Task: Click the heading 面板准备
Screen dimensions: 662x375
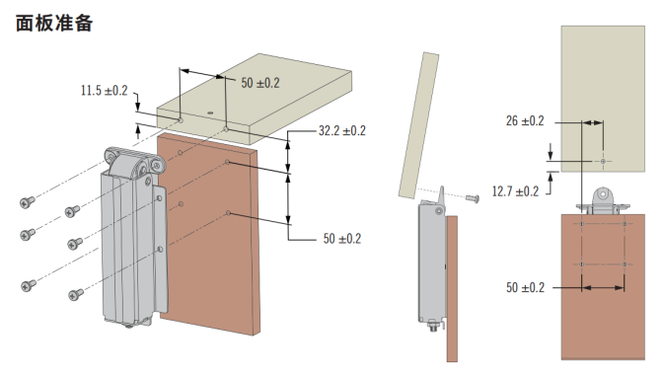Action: (x=54, y=23)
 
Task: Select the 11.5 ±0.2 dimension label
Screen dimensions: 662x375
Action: (x=104, y=91)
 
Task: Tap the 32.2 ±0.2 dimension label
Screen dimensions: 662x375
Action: (x=342, y=130)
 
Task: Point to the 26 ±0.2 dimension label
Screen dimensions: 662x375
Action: (x=525, y=121)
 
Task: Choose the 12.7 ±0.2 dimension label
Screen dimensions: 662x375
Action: (x=515, y=191)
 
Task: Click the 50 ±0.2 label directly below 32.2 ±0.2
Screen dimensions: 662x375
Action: (x=342, y=239)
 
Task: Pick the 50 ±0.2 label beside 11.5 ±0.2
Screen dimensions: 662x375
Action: (x=260, y=83)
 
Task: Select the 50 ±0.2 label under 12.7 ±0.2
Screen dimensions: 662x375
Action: (x=525, y=287)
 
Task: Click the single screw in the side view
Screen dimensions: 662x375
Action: (x=473, y=198)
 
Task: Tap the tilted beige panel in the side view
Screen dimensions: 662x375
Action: (x=419, y=125)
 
